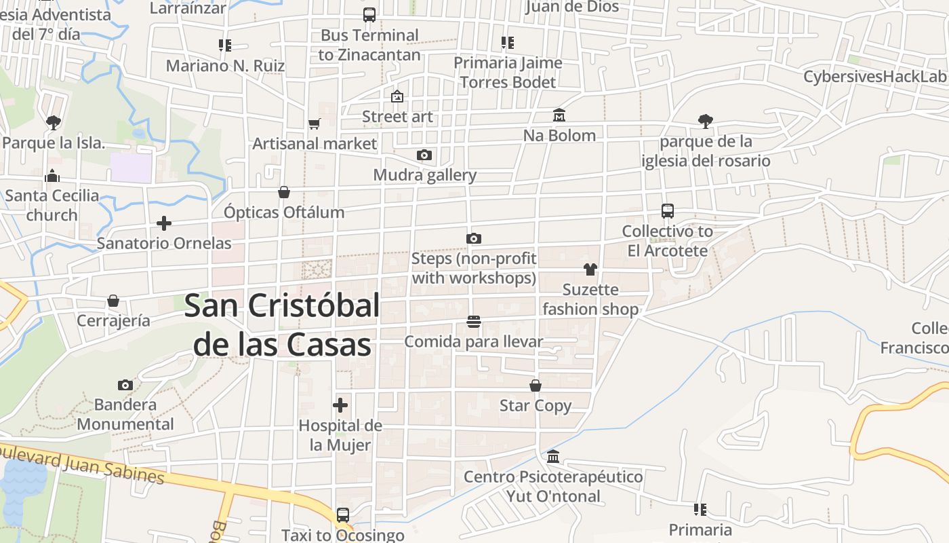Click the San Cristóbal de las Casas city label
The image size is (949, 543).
point(281,325)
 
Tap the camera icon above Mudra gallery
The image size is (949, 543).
point(424,155)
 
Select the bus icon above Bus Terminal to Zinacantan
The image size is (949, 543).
point(369,15)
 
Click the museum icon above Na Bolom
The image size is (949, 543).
point(559,115)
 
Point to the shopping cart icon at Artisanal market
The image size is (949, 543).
point(314,124)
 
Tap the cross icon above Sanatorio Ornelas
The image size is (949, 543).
point(163,223)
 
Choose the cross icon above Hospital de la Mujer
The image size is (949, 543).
point(340,406)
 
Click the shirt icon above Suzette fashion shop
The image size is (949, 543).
point(590,269)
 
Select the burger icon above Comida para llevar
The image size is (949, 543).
point(474,321)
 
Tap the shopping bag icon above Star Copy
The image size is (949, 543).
point(536,386)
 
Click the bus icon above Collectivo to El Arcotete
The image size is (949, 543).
point(668,211)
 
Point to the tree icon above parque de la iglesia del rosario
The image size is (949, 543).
point(706,121)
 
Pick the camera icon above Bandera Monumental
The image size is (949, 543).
point(125,385)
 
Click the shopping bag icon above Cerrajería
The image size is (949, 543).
point(113,301)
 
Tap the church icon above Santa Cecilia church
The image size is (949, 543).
point(52,176)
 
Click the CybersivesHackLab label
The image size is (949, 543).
point(874,77)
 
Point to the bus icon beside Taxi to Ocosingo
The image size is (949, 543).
point(343,515)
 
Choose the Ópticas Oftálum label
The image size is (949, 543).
point(284,212)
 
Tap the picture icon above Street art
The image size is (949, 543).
point(397,97)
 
